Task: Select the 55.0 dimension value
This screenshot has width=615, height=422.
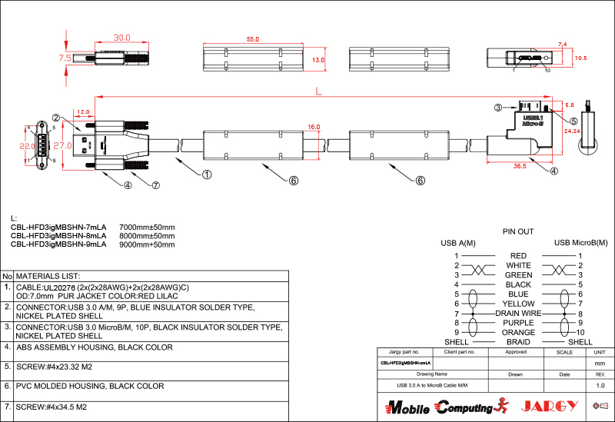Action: click(x=253, y=38)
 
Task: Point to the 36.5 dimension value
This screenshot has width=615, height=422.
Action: click(x=519, y=165)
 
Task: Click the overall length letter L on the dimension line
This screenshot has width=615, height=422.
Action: click(x=318, y=92)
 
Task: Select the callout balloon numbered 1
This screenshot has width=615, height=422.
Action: click(x=207, y=174)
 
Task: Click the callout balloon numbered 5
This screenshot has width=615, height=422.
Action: click(x=573, y=120)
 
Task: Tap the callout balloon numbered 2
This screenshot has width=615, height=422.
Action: click(x=56, y=118)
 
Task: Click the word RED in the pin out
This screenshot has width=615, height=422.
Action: click(x=518, y=256)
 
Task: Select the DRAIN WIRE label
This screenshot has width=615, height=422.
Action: click(x=518, y=314)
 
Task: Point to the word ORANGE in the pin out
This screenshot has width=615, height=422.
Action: click(x=518, y=333)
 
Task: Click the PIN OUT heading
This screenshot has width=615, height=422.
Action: click(x=518, y=231)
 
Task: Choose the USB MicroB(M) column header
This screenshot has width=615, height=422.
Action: click(x=580, y=244)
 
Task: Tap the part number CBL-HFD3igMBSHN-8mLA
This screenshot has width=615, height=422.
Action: click(x=58, y=236)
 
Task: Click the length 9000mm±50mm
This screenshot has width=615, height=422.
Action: click(x=147, y=244)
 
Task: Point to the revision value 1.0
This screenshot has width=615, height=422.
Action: click(x=600, y=384)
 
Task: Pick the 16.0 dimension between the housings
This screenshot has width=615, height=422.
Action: click(x=314, y=127)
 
